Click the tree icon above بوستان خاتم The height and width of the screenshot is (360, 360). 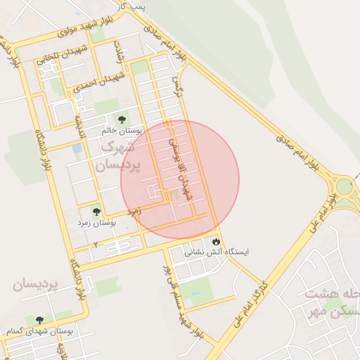tap(122, 120)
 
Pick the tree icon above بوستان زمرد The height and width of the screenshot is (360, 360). tap(96, 212)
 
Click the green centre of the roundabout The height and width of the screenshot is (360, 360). tap(345, 186)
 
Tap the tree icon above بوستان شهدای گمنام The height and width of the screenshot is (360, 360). tap(39, 320)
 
